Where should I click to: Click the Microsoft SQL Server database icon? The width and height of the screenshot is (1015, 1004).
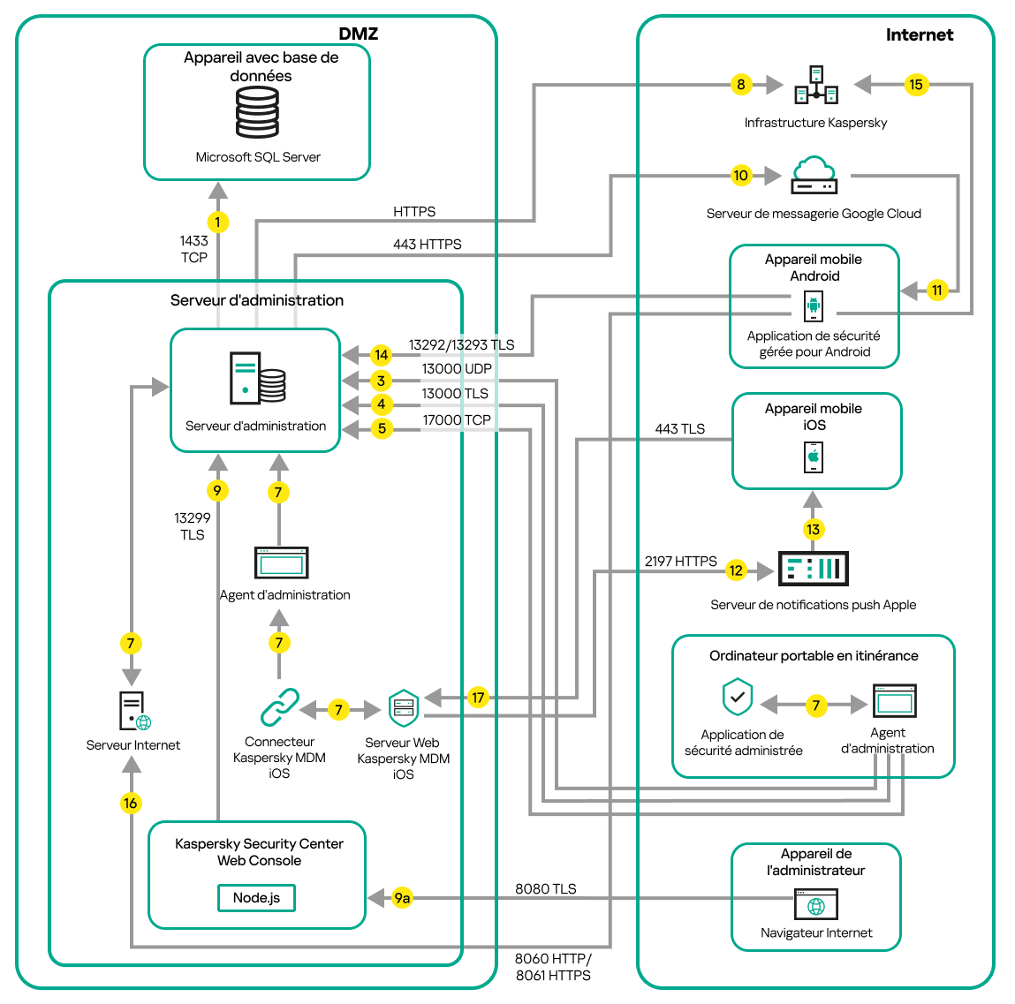(257, 113)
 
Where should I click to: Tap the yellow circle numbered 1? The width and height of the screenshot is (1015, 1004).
(217, 222)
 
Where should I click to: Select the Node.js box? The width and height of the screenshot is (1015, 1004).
(256, 898)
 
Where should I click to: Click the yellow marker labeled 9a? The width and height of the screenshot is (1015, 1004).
(402, 898)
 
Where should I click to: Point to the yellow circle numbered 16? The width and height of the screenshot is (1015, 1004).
(131, 803)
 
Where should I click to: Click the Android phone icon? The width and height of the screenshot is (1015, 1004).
(814, 306)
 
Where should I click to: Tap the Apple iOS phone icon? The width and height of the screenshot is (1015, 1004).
(814, 457)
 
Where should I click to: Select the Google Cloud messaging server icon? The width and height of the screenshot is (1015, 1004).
(814, 176)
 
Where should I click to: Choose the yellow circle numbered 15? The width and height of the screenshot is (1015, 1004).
(916, 85)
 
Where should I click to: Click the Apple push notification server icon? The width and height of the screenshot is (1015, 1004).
(813, 569)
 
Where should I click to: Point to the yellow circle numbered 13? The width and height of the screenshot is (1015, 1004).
(813, 529)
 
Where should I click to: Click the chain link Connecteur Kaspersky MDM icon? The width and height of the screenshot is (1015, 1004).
(280, 708)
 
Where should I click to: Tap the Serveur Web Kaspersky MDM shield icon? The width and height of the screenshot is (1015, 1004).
(404, 708)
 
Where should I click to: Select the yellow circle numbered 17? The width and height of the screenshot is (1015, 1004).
(478, 698)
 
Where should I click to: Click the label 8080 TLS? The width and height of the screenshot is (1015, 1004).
(545, 888)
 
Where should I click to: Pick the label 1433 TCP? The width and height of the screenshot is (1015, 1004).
(193, 249)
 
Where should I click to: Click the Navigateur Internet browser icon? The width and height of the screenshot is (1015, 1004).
(816, 905)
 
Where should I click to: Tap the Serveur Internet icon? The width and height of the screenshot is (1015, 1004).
(134, 711)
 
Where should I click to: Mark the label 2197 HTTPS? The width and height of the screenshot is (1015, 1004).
(680, 561)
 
